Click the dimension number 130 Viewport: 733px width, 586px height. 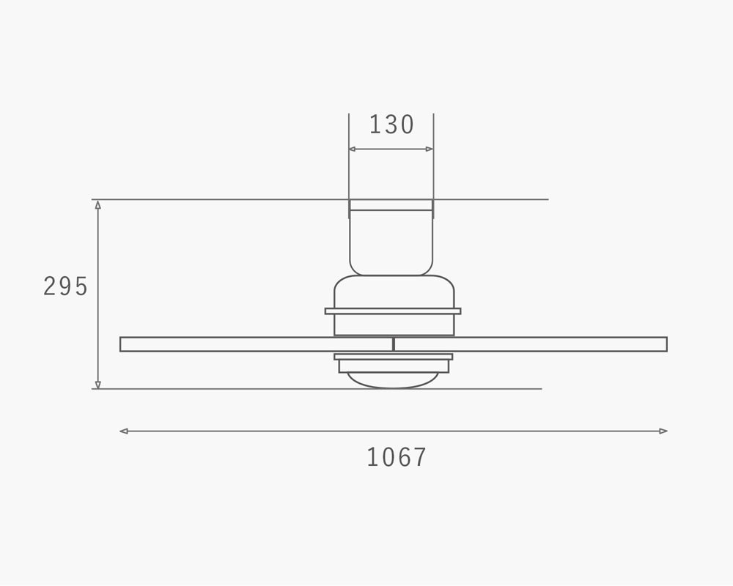(391, 125)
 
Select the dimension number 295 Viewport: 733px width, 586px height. (65, 286)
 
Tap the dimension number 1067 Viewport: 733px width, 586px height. (396, 458)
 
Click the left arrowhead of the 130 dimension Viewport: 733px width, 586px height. (353, 149)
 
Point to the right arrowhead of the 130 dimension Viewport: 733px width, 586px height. (430, 149)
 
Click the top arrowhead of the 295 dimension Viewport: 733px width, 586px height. (97, 204)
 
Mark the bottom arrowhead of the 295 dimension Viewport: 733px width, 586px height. (97, 384)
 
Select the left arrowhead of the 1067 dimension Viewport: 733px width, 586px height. (124, 431)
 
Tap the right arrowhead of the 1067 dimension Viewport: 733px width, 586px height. (663, 431)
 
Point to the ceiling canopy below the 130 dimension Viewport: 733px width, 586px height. (391, 242)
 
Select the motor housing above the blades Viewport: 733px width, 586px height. (394, 293)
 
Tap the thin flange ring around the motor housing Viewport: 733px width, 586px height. (393, 311)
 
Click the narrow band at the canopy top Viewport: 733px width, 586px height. (391, 205)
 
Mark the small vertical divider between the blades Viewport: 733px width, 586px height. (394, 344)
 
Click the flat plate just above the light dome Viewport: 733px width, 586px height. (393, 357)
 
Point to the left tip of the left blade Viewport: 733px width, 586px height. (122, 344)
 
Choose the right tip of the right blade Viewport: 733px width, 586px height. (666, 344)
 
